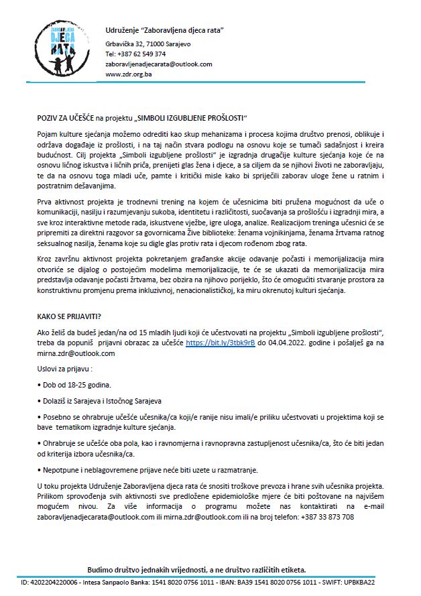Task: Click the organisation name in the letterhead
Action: pos(164,31)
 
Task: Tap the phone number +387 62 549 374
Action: pos(136,54)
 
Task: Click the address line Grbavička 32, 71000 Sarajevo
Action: pos(148,44)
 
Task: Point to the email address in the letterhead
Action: pos(159,64)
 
